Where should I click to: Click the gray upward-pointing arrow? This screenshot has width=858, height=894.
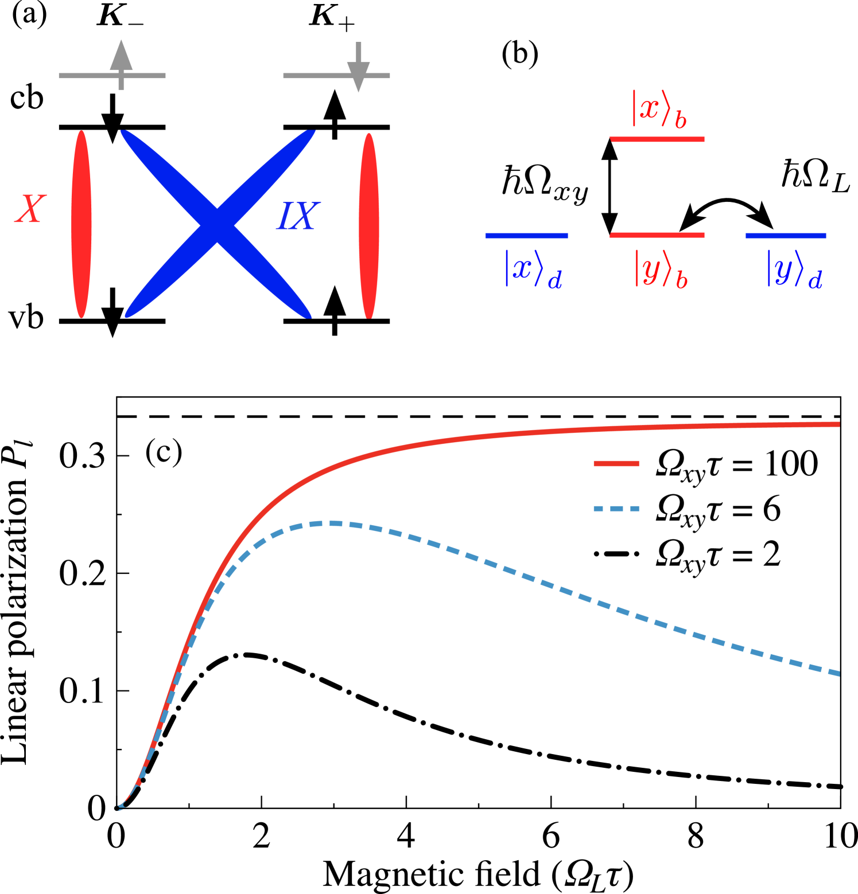coord(121,64)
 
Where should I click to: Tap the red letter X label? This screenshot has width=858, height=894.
coord(30,209)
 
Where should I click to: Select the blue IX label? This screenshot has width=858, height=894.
coord(297,217)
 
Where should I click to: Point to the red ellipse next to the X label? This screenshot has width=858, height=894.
coord(81,224)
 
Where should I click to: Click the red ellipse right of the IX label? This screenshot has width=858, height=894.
coord(369,225)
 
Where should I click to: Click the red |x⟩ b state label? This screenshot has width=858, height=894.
coord(659,109)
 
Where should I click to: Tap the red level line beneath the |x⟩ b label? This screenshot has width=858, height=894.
coord(657,139)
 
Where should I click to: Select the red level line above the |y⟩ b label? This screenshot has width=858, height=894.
coord(657,235)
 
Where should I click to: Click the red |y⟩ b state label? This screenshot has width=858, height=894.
coord(661,269)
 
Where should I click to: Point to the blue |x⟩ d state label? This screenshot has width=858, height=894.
coord(533,269)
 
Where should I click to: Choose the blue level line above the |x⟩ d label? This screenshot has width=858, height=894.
coord(526,235)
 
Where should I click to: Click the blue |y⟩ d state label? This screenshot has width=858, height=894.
coord(794,269)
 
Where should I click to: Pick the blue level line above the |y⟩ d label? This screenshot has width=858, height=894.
coord(786,235)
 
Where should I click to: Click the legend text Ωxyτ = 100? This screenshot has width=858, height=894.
coord(737,464)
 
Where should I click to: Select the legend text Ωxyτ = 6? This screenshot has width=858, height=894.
coord(718,510)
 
